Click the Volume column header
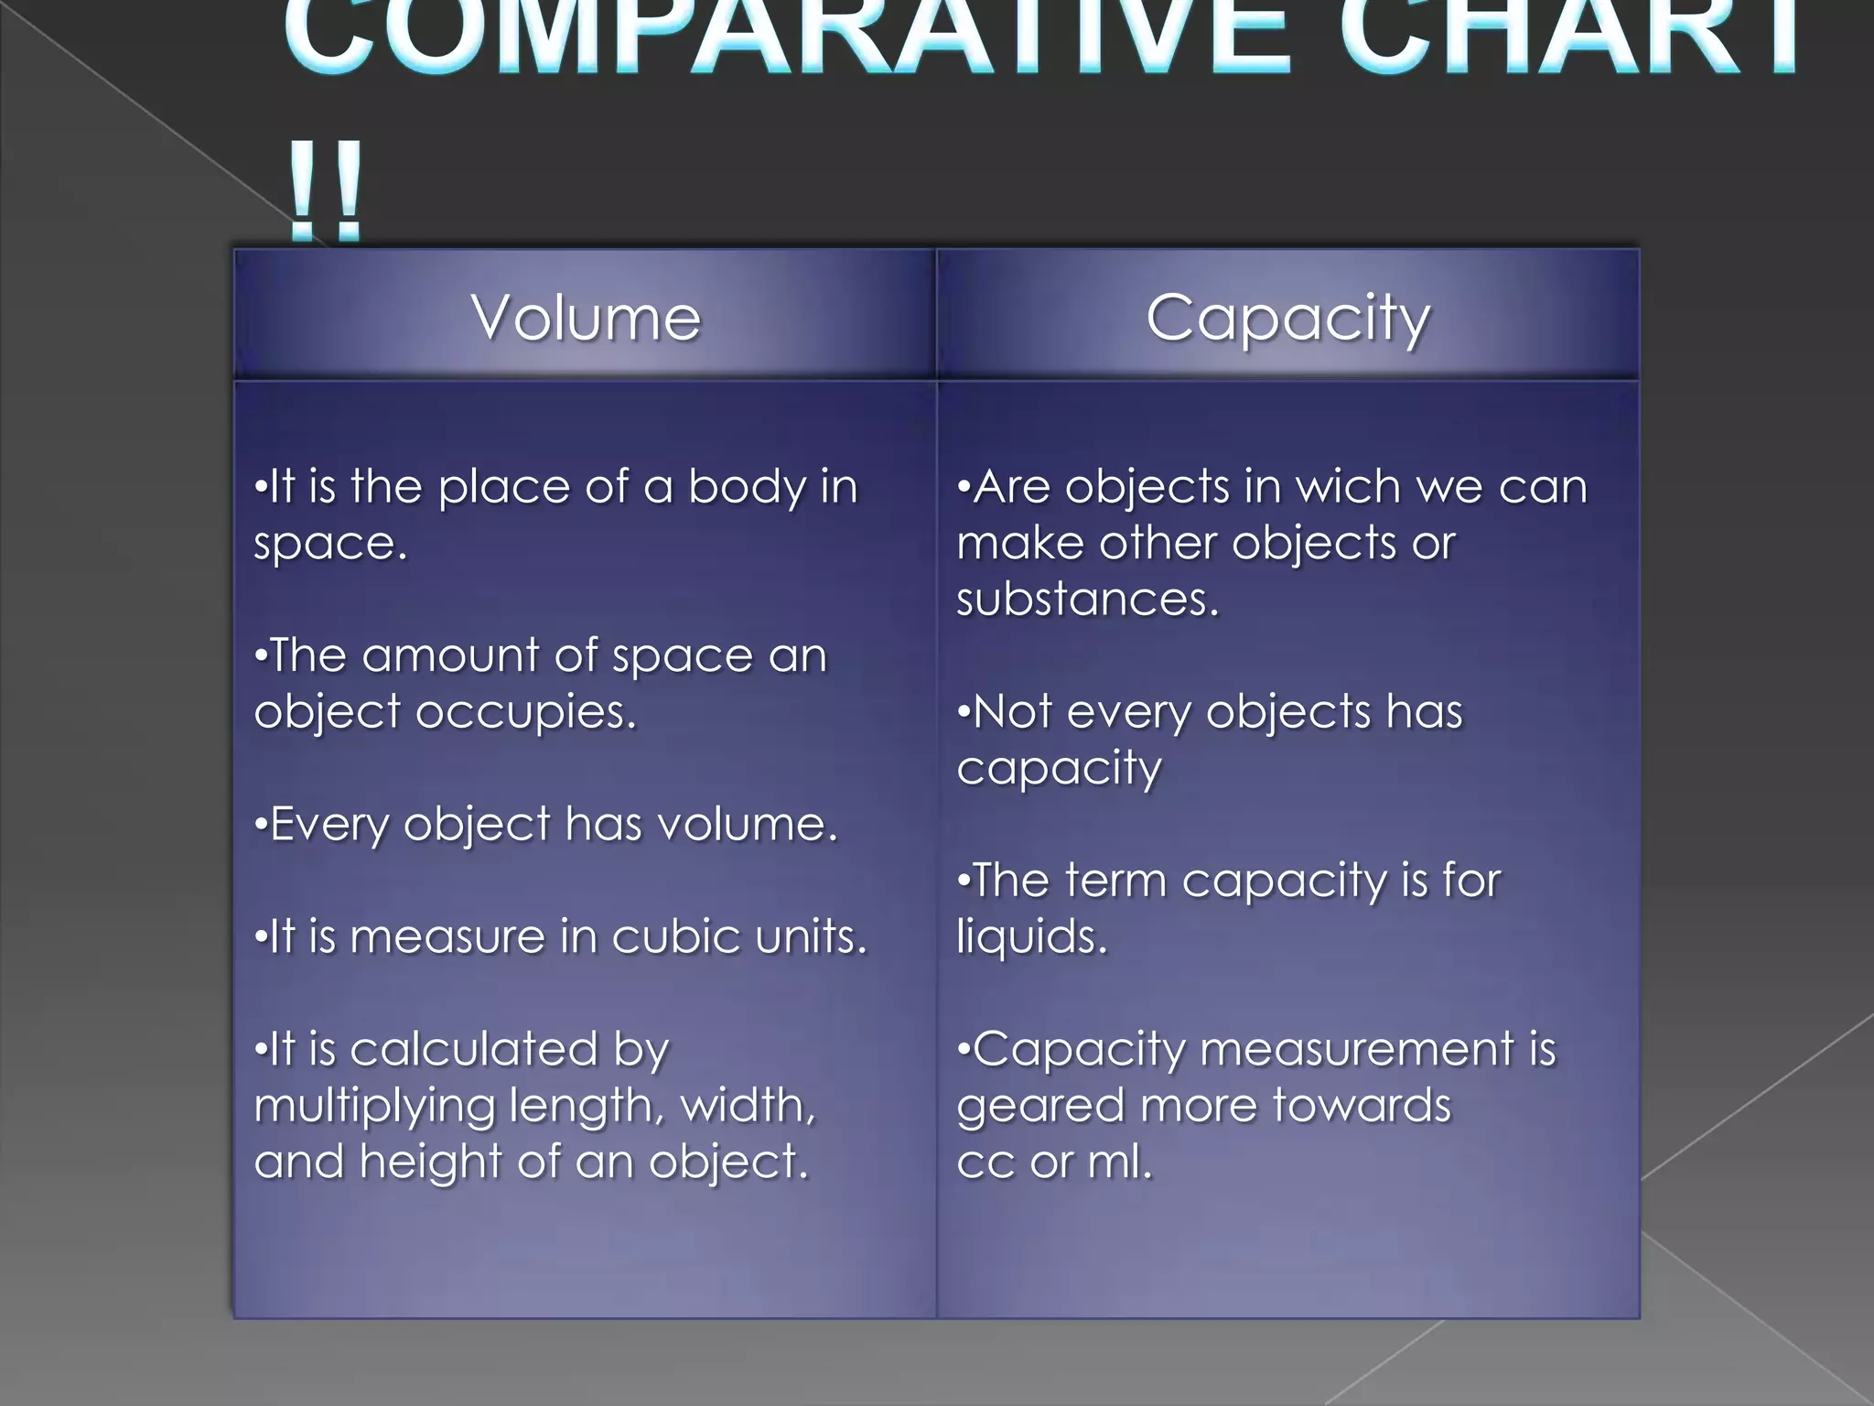(586, 318)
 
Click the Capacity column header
(1287, 318)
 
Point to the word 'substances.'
(1088, 600)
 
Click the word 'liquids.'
(1032, 936)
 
